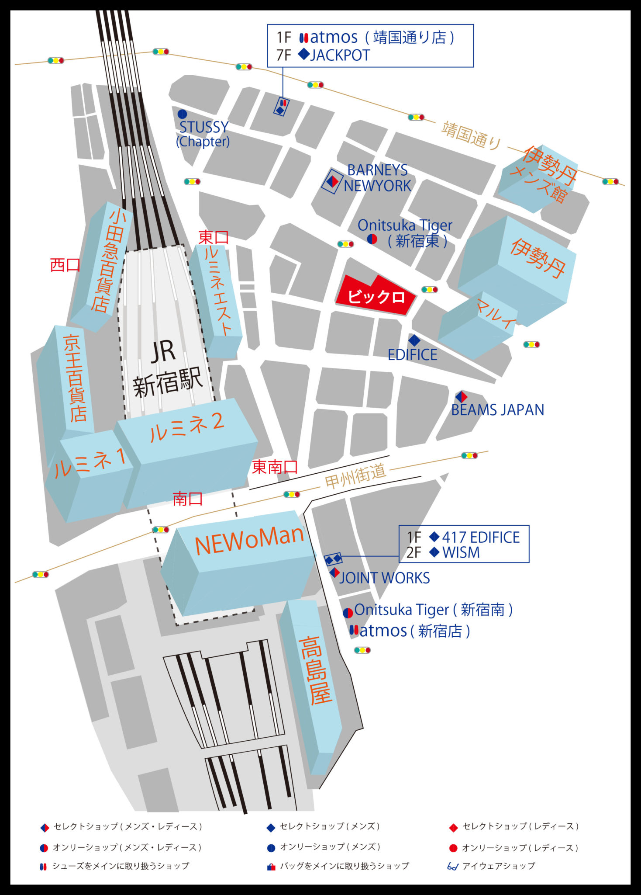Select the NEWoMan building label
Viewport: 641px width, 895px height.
tap(249, 540)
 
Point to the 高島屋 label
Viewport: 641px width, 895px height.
tap(316, 671)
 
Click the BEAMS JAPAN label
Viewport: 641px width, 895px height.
tap(497, 410)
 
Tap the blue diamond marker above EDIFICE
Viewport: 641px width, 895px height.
tap(414, 340)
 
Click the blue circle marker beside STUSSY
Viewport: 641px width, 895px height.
tap(182, 114)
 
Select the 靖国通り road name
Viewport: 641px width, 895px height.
tap(471, 136)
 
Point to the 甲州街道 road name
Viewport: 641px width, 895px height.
tap(355, 475)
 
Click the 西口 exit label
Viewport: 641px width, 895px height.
tap(65, 265)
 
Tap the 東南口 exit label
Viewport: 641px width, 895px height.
tap(275, 467)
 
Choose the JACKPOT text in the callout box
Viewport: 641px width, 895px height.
tap(340, 56)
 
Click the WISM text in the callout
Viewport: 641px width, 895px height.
tap(461, 552)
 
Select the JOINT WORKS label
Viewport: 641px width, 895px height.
tap(384, 578)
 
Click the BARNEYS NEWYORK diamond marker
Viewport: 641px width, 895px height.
tap(333, 181)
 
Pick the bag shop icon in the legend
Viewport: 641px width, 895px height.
tap(271, 867)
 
